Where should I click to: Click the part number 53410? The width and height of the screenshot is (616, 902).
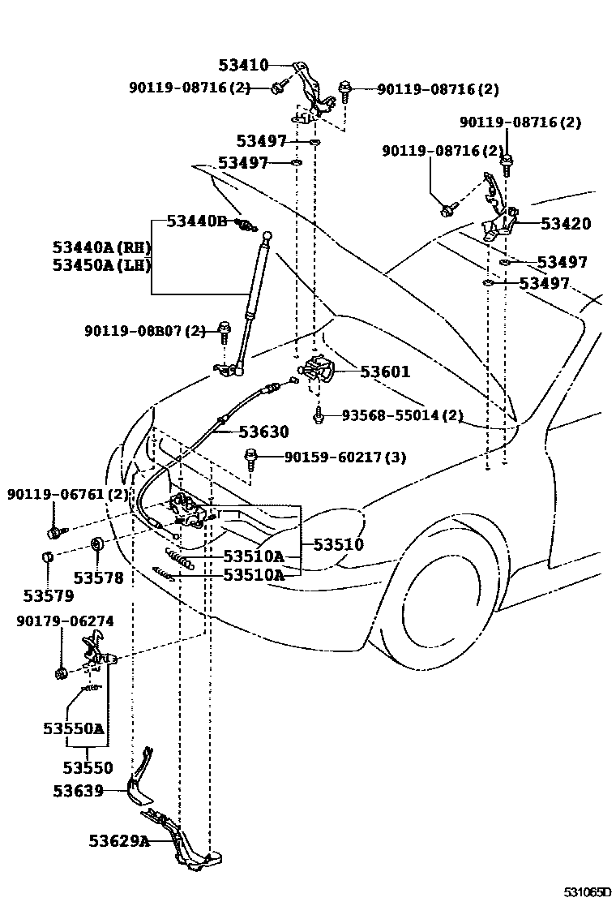click(x=243, y=65)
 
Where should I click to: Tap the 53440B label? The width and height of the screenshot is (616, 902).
click(x=197, y=221)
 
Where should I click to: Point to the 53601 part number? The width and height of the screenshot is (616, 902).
click(x=385, y=372)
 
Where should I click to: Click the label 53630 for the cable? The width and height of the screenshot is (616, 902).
click(x=263, y=432)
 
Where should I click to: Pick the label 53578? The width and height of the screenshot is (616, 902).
click(x=98, y=578)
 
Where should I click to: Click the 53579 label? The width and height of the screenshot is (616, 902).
click(x=48, y=595)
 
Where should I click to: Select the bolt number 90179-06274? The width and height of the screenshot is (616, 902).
click(x=64, y=621)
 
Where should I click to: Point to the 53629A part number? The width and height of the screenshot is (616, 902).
click(x=119, y=840)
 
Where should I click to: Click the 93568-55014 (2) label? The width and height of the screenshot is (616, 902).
click(x=402, y=415)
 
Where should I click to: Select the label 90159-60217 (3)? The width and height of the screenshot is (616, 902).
click(x=345, y=457)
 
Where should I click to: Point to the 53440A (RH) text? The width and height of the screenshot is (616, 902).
click(x=101, y=247)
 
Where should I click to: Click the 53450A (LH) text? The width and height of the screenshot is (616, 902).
click(x=101, y=264)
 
